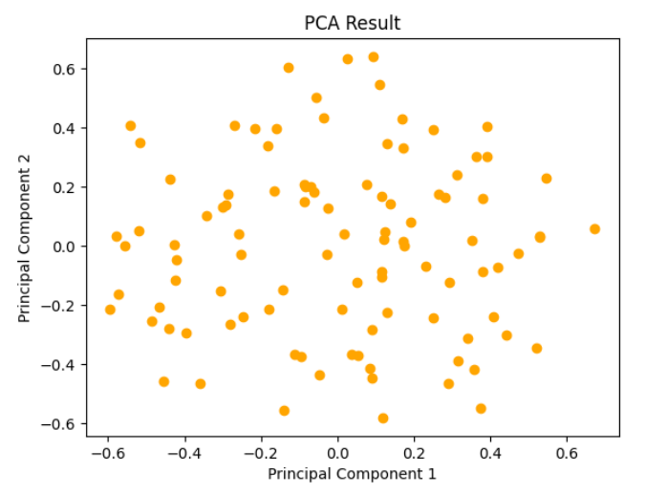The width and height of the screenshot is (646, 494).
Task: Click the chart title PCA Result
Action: coord(353,24)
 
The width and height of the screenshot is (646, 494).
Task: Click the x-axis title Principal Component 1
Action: coord(352,473)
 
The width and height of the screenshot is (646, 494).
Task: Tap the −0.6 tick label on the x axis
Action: coord(108,450)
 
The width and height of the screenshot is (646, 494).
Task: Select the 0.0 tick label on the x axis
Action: coord(337,450)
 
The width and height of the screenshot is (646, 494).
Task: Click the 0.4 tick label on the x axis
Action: coord(490,450)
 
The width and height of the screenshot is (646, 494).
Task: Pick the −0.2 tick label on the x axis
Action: coord(261,450)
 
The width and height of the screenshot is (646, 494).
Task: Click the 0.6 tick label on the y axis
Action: coord(65,70)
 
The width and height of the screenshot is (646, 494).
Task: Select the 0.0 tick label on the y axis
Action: coord(65,247)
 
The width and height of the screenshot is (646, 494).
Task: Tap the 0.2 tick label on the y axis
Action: coord(65,187)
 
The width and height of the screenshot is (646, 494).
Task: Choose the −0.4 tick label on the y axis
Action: coord(61,365)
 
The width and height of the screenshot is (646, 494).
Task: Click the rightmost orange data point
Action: coord(594,229)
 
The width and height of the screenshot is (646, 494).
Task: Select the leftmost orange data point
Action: coord(110,310)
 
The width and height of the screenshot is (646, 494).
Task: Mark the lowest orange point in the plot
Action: coord(383,419)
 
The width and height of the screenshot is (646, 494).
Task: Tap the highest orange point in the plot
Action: coord(374,57)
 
